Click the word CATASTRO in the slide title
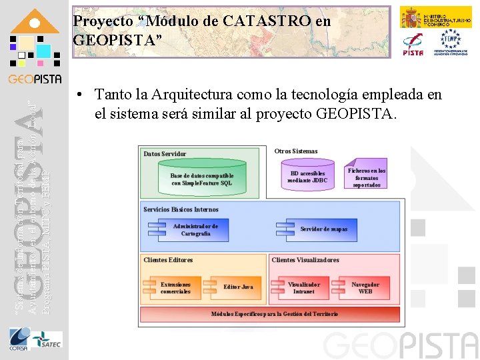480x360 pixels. [268, 21]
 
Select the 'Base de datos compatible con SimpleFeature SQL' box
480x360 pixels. [202, 179]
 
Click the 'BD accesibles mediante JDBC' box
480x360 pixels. [307, 176]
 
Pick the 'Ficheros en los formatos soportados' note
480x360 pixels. [367, 177]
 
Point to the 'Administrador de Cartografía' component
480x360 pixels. [194, 230]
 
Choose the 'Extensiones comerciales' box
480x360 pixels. [175, 288]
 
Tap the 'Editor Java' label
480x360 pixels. [238, 287]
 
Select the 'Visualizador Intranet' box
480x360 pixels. [303, 288]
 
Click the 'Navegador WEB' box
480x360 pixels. [365, 288]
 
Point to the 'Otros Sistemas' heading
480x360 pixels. [296, 151]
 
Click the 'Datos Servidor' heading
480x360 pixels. [165, 154]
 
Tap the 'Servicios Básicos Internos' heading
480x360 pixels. [181, 209]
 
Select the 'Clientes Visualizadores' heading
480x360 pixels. [305, 260]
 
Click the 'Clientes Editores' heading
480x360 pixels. [168, 260]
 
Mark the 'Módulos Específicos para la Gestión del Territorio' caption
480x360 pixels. [274, 313]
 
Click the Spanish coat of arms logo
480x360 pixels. [409, 17]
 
